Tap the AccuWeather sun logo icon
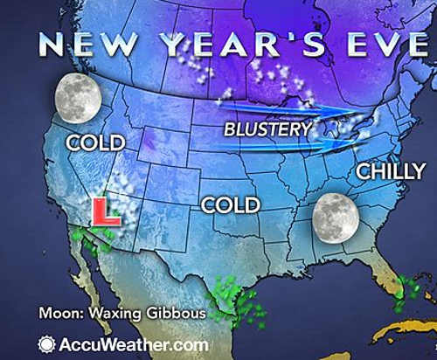[x=45, y=343]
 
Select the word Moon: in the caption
[x=56, y=313]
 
